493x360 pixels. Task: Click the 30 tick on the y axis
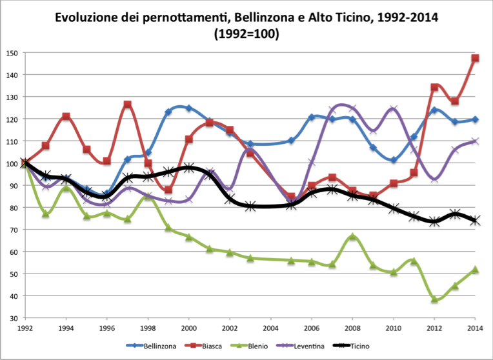[12, 318]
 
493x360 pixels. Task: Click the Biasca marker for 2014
[475, 59]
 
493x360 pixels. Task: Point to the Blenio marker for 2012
[434, 300]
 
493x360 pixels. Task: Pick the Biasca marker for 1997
[128, 105]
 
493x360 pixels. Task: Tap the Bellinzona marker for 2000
[188, 108]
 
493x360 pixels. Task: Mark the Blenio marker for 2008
[352, 237]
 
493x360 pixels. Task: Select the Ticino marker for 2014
[475, 221]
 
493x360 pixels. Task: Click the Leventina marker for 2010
[393, 109]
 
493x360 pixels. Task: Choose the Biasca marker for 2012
[434, 88]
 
